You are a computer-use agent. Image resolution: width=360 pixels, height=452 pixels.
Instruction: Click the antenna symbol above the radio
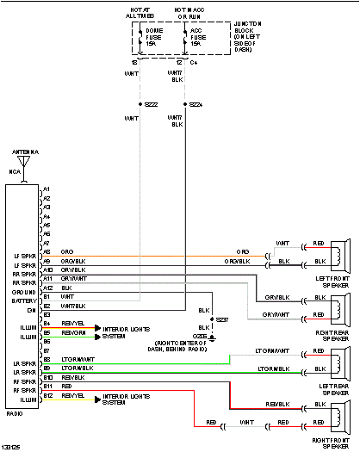pos(25,161)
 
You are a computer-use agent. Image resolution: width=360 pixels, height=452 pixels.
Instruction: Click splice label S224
pos(196,103)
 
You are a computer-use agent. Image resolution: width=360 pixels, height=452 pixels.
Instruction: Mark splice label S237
pos(222,319)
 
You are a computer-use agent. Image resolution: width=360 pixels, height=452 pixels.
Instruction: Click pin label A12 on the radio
pos(47,287)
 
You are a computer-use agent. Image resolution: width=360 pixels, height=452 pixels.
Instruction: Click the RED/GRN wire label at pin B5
pos(73,332)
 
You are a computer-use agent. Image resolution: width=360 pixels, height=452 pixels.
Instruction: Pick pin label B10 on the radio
pos(47,377)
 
